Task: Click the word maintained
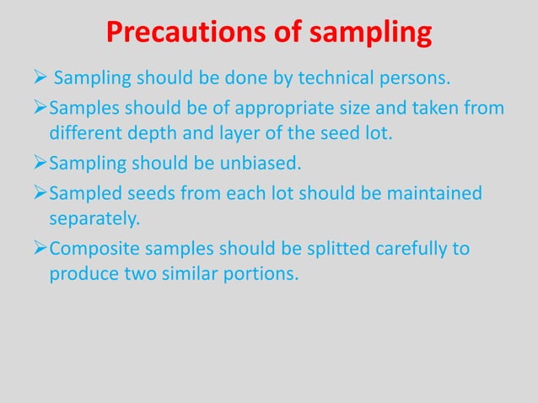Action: [435, 195]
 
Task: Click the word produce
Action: [79, 273]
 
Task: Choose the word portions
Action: [261, 273]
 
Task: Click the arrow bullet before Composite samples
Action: [38, 250]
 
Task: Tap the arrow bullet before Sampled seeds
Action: [38, 195]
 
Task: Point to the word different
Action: [83, 133]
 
